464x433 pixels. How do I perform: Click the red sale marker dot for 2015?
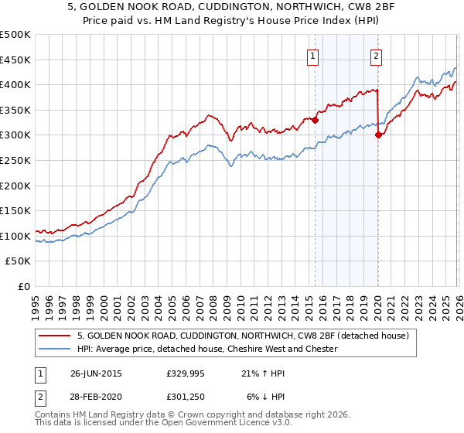316,120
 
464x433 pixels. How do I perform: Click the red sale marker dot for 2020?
379,135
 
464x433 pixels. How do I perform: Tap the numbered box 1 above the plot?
313,55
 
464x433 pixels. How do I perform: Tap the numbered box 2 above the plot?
376,55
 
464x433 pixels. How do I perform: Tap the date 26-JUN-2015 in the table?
96,373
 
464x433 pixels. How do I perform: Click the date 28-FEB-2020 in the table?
96,397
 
